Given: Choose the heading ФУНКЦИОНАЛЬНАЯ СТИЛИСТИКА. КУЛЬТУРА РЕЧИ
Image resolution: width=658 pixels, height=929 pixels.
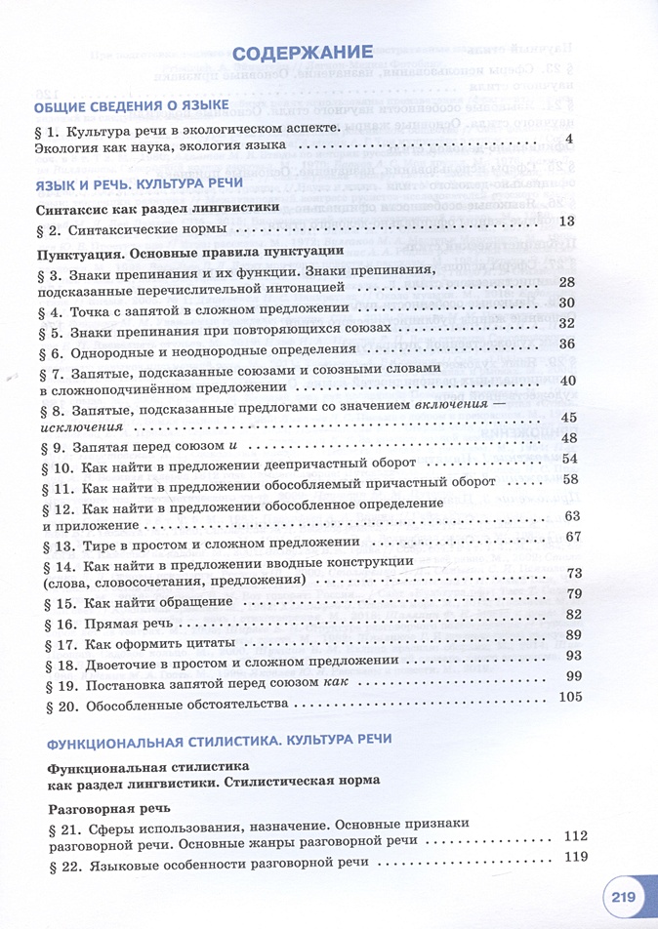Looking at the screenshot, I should coord(213,739).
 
